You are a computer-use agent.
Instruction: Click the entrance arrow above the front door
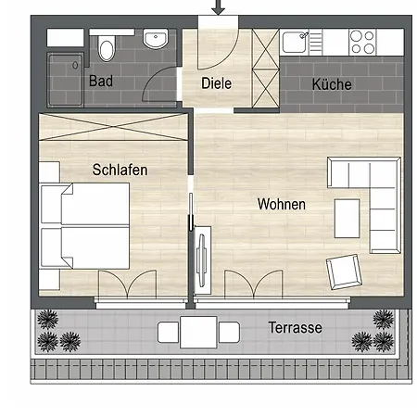click(x=219, y=8)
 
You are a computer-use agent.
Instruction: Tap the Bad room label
click(x=101, y=82)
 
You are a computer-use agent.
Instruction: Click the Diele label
click(x=216, y=83)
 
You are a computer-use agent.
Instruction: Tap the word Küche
click(x=332, y=84)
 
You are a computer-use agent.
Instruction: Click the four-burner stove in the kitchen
click(x=362, y=41)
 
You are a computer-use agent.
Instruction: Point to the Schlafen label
click(x=120, y=171)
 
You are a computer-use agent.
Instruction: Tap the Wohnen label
click(x=282, y=204)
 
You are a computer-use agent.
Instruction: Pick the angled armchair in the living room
click(x=341, y=272)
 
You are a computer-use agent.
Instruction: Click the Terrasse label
click(x=295, y=328)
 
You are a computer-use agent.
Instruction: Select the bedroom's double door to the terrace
click(x=126, y=285)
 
